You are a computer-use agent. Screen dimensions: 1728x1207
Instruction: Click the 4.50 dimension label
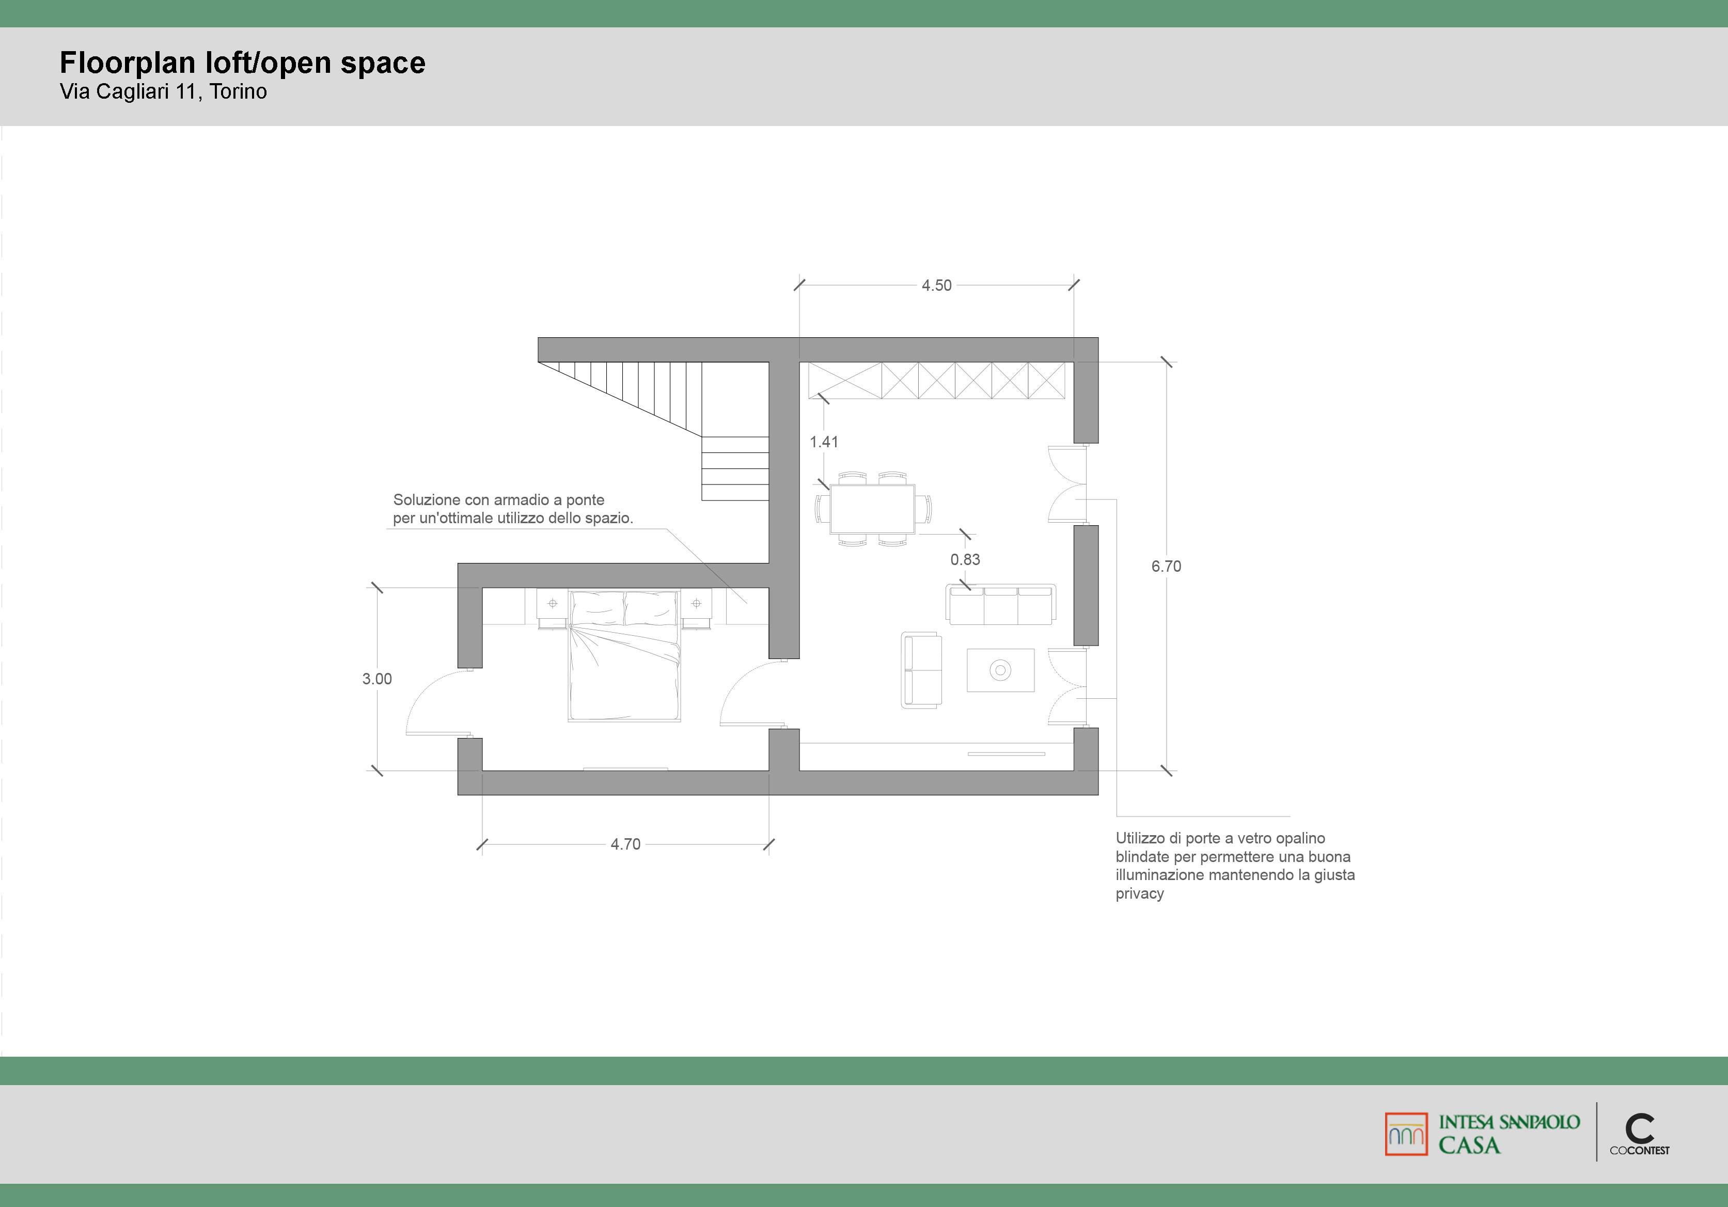(x=936, y=285)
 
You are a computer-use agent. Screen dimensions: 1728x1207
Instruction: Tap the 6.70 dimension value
(x=1166, y=567)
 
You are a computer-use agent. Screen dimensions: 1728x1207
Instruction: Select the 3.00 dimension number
(x=377, y=679)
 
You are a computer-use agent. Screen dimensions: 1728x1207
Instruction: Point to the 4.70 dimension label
(x=625, y=844)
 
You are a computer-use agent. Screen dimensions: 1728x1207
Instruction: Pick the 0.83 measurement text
(x=965, y=559)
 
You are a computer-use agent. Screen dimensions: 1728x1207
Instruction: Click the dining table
(x=872, y=509)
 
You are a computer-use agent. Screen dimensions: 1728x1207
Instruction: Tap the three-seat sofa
(x=1001, y=604)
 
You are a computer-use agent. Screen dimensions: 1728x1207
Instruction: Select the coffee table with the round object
(x=1000, y=670)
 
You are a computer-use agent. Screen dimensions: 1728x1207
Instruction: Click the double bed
(x=625, y=655)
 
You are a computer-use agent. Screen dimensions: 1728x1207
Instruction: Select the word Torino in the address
(x=239, y=92)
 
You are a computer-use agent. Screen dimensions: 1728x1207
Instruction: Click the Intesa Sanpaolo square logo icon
(x=1406, y=1134)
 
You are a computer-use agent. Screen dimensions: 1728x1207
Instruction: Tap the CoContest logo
(x=1639, y=1135)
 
